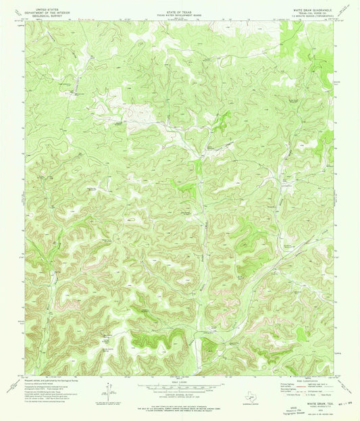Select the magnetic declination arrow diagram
(x=109, y=392)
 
